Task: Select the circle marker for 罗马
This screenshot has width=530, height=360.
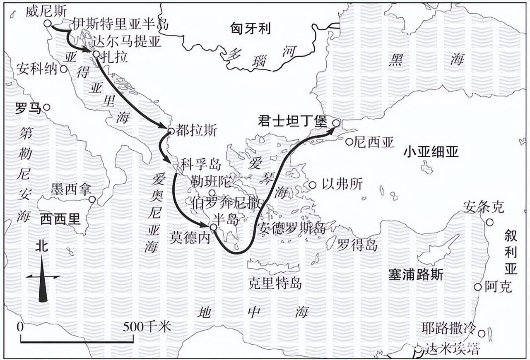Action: [47, 107]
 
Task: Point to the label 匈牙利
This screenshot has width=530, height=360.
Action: [251, 28]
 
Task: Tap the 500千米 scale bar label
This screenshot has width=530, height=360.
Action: [147, 327]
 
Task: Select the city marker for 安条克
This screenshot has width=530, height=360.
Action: [489, 223]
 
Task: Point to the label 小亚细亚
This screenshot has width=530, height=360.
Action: [431, 152]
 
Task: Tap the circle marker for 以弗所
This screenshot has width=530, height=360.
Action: [313, 185]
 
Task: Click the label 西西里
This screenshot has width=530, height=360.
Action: [60, 219]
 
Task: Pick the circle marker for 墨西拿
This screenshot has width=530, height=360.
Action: [92, 199]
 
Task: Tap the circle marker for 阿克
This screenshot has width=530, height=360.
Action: [478, 287]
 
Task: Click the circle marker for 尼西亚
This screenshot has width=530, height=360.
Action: [349, 142]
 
